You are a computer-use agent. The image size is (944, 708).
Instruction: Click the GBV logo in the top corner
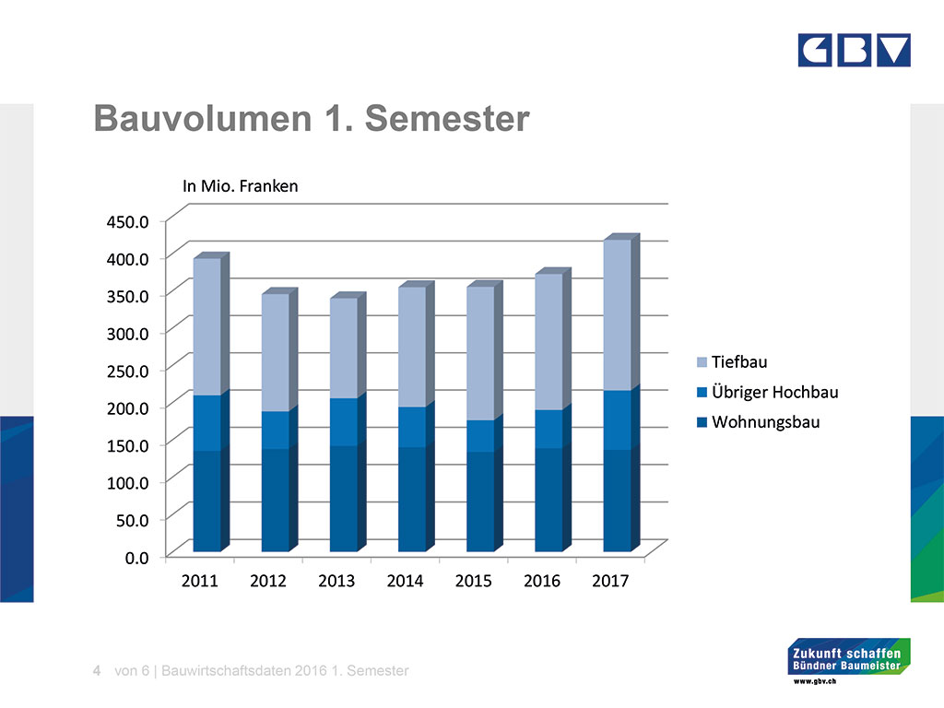[854, 50]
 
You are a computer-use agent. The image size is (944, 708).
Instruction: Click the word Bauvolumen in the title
[203, 118]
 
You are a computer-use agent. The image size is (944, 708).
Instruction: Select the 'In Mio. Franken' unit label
[241, 186]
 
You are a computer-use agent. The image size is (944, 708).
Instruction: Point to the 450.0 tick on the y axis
[127, 222]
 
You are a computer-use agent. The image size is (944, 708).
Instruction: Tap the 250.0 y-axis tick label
[127, 371]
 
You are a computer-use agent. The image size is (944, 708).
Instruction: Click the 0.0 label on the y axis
[136, 558]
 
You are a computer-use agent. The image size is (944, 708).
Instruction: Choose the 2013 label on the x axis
[336, 581]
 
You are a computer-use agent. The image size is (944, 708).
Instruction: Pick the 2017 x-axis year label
[610, 581]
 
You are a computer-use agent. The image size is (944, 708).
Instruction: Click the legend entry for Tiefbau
[732, 361]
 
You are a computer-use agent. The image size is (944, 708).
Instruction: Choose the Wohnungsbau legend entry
[758, 422]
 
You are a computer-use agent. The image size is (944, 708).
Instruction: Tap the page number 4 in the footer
[97, 671]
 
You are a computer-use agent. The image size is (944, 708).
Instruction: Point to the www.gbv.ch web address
[815, 681]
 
